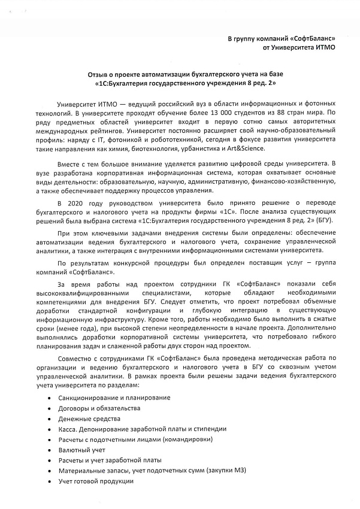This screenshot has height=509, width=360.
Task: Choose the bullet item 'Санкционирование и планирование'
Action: pyautogui.click(x=114, y=398)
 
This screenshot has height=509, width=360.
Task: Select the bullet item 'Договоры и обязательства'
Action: pyautogui.click(x=99, y=408)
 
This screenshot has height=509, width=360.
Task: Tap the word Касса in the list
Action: pyautogui.click(x=69, y=429)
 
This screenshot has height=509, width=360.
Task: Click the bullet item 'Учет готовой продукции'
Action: pyautogui.click(x=96, y=481)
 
